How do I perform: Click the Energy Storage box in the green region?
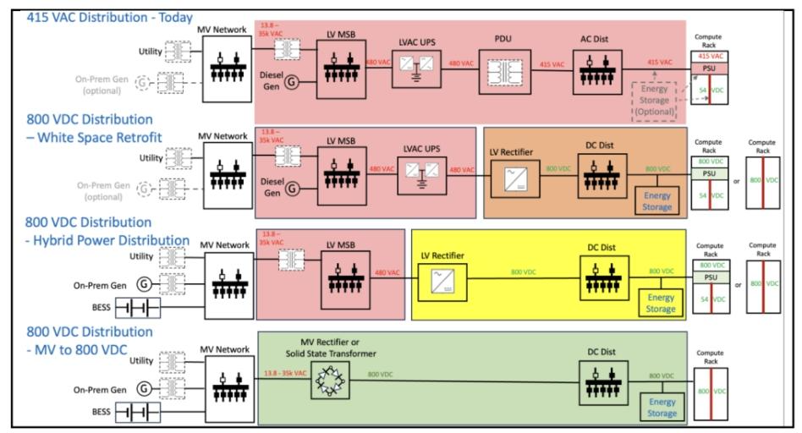(x=662, y=407)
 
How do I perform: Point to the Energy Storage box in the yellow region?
(x=661, y=303)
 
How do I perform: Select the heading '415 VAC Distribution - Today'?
(x=97, y=17)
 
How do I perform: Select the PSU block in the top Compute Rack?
(x=707, y=68)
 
